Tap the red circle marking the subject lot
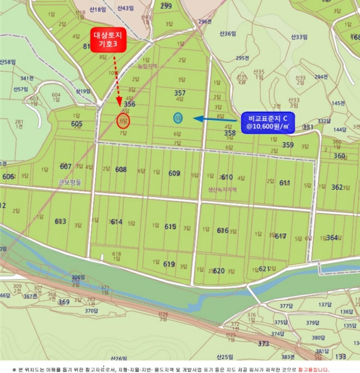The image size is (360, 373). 124,121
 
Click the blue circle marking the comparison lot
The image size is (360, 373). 178,118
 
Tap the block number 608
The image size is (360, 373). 121,169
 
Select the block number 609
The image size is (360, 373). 174,173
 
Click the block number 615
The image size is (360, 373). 170,226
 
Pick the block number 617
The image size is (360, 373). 281,236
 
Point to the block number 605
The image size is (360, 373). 77,124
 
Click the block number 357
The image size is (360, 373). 180,93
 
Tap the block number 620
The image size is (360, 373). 218,271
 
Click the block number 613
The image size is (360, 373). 60,221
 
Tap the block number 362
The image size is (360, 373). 337,187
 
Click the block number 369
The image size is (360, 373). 64,302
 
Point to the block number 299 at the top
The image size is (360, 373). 166,6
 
